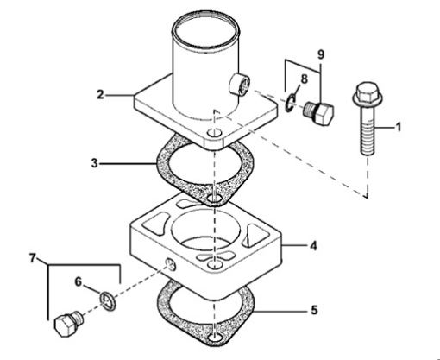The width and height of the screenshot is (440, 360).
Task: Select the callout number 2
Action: point(102,94)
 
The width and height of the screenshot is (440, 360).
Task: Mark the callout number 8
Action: point(301,79)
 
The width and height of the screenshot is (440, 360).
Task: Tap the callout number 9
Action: point(322,53)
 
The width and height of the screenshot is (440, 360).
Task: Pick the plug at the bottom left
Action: point(67,325)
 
